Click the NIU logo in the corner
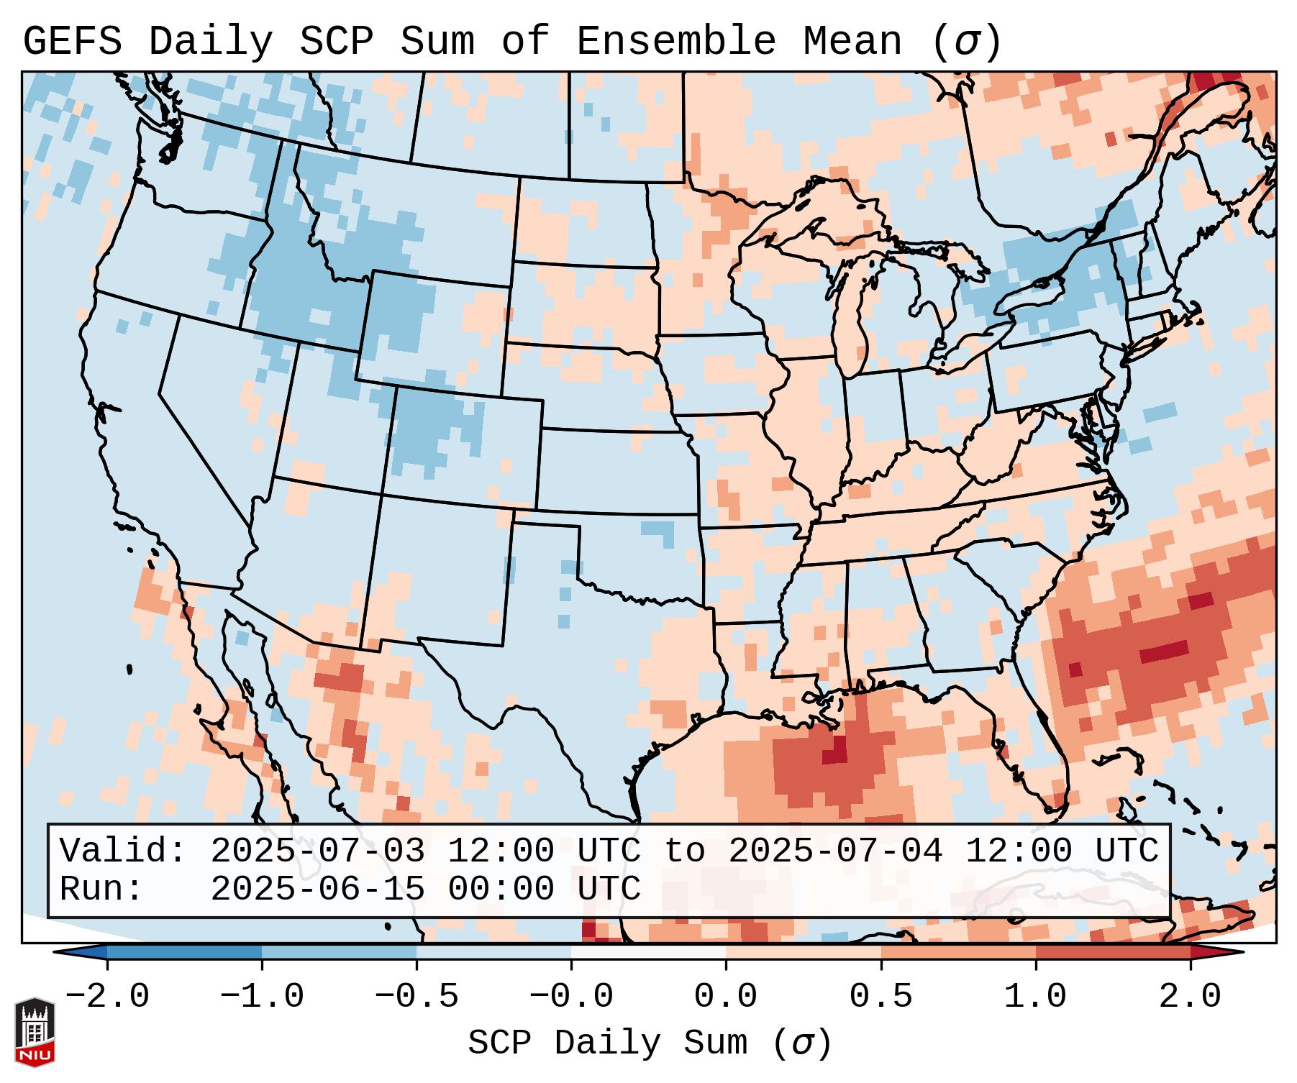click(x=35, y=1031)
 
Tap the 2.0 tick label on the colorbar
click(x=1190, y=997)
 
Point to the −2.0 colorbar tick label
click(x=107, y=997)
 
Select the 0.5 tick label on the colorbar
click(x=880, y=997)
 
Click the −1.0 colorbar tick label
click(x=261, y=997)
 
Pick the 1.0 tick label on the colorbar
click(x=1035, y=997)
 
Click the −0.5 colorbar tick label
click(x=417, y=997)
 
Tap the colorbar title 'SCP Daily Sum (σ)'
click(x=650, y=1043)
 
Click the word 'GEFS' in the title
click(x=72, y=42)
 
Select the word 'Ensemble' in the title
click(x=675, y=42)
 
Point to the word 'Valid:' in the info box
click(x=123, y=851)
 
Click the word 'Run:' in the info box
click(x=101, y=890)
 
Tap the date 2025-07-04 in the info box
click(x=835, y=851)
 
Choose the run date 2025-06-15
click(x=317, y=890)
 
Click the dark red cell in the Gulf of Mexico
click(x=835, y=752)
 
